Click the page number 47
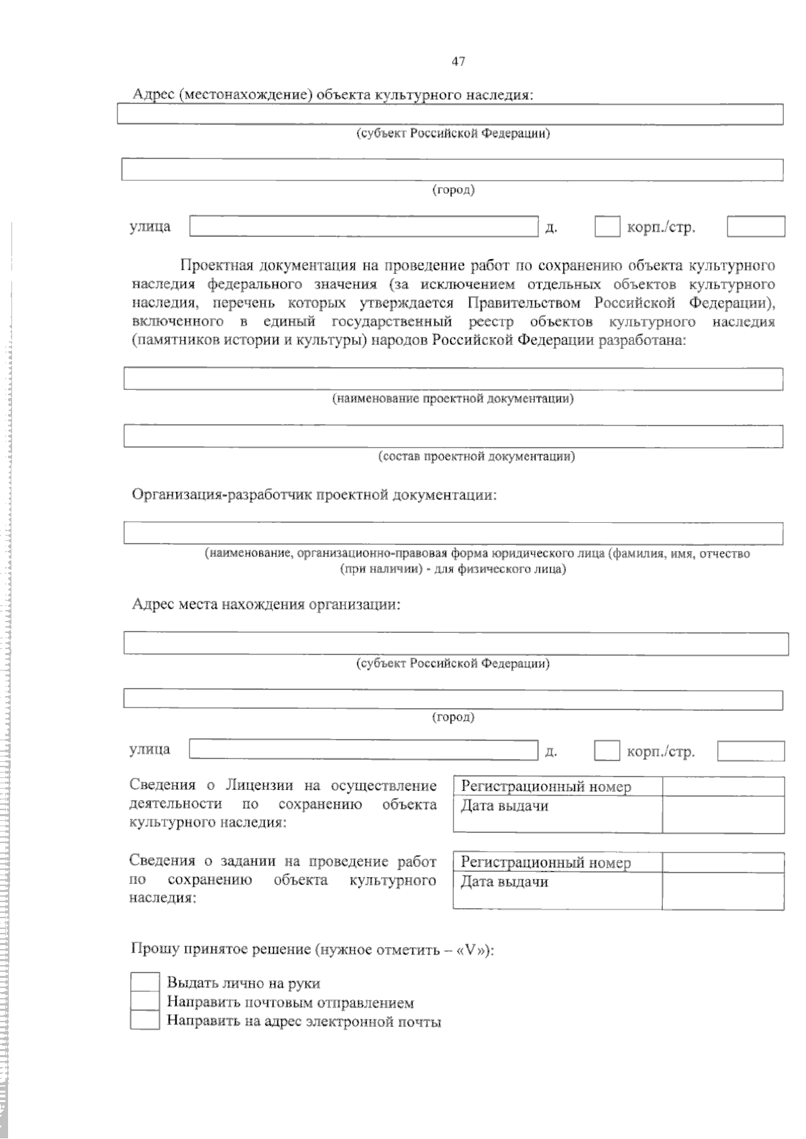[x=458, y=62]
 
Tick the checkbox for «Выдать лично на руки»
[x=144, y=982]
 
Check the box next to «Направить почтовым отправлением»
[x=144, y=1001]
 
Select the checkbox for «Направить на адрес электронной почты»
[x=144, y=1021]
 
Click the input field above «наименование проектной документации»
[x=453, y=379]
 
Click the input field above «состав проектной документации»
[x=453, y=436]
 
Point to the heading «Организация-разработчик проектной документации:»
[x=314, y=495]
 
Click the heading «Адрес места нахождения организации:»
[x=266, y=604]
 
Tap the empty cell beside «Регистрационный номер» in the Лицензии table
[x=723, y=787]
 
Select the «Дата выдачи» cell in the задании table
[x=504, y=882]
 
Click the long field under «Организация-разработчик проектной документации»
[x=453, y=533]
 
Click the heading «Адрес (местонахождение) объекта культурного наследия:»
[x=332, y=95]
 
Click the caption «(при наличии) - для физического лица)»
[x=453, y=569]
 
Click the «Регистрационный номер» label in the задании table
[x=545, y=862]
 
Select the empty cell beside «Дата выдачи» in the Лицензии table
[x=723, y=814]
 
